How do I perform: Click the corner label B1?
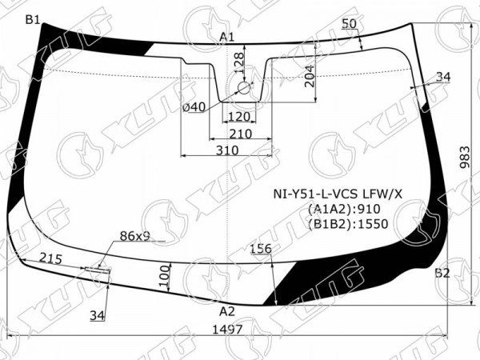tap(33, 20)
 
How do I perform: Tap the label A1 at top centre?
tap(227, 37)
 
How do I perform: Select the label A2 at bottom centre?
tap(227, 312)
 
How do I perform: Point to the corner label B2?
tap(442, 273)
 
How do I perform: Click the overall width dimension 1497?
tap(227, 330)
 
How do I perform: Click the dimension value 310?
tap(227, 150)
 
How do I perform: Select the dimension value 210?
tap(241, 134)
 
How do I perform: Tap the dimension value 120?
tap(239, 117)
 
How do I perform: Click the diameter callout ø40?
tap(194, 107)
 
